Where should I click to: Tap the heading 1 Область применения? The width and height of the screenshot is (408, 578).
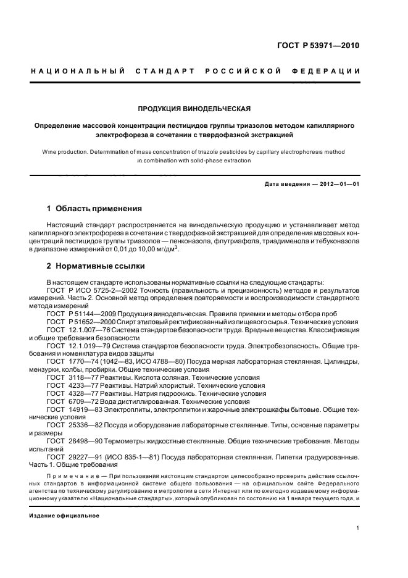tap(94, 208)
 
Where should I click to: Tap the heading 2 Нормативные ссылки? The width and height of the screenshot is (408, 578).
tap(96, 266)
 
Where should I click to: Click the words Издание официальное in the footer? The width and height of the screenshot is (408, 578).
tap(64, 515)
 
